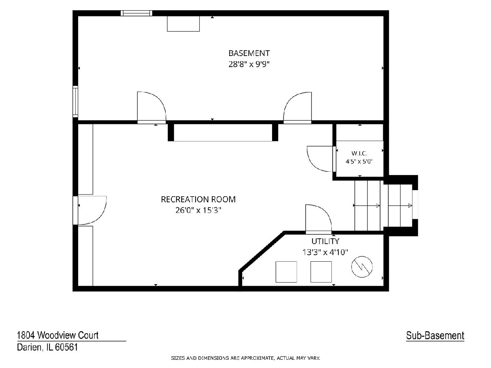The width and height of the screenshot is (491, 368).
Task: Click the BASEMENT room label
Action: pyautogui.click(x=249, y=53)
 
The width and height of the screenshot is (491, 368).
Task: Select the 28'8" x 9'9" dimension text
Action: pyautogui.click(x=249, y=64)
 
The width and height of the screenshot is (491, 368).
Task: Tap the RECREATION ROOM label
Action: pyautogui.click(x=198, y=199)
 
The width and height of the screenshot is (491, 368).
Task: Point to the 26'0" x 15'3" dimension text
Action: pyautogui.click(x=198, y=210)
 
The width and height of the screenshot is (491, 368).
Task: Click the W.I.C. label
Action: pyautogui.click(x=359, y=153)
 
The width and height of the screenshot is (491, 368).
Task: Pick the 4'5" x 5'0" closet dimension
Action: pyautogui.click(x=359, y=162)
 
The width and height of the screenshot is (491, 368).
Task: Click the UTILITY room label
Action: pyautogui.click(x=325, y=241)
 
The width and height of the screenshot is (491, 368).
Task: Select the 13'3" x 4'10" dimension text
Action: pyautogui.click(x=325, y=252)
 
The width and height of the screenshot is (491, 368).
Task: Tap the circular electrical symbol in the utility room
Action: pyautogui.click(x=362, y=267)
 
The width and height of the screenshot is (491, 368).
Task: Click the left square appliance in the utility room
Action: pyautogui.click(x=286, y=272)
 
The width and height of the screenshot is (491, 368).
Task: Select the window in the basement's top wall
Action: pyautogui.click(x=136, y=13)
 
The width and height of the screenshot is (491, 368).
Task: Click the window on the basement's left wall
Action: pyautogui.click(x=75, y=102)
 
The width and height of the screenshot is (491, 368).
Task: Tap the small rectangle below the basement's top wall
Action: pyautogui.click(x=183, y=24)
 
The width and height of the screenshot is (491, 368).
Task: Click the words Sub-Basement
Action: pyautogui.click(x=435, y=336)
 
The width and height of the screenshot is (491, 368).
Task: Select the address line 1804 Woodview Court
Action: pyautogui.click(x=58, y=335)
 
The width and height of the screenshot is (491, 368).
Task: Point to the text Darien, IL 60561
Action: pyautogui.click(x=47, y=347)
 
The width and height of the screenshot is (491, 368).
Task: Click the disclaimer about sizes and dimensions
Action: pyautogui.click(x=245, y=358)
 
